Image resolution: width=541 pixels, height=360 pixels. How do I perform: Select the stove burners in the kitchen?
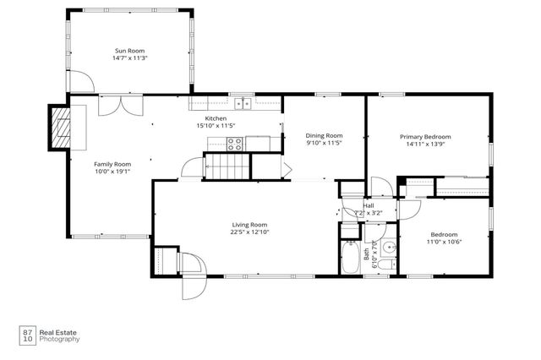point(234,145)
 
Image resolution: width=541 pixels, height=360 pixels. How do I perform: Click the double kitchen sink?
point(244,103)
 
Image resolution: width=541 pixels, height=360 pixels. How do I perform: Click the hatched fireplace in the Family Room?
point(61,127)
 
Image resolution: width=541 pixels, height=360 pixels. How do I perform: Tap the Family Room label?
point(112,164)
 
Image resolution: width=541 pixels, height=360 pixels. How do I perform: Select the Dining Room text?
point(324,135)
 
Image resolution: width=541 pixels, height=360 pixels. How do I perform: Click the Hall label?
point(369,205)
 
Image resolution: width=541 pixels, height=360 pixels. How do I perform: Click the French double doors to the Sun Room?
point(116,105)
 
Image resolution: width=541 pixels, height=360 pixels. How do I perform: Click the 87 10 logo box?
point(27,335)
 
